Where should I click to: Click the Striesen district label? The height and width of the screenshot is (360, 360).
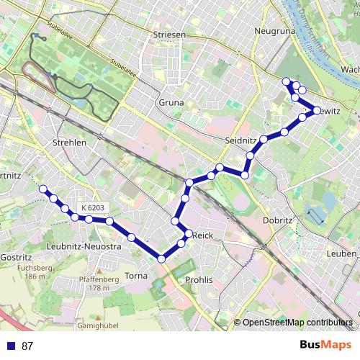[x=170, y=34]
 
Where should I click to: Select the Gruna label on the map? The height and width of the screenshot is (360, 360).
[x=171, y=103]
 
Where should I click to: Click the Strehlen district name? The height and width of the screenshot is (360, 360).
[x=69, y=143]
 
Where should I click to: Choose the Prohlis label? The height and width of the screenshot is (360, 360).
[x=199, y=279]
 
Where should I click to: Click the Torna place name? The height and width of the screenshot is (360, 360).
[x=135, y=276]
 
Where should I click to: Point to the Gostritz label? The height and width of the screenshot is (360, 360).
[x=16, y=257]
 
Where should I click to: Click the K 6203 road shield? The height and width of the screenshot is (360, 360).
[x=93, y=208]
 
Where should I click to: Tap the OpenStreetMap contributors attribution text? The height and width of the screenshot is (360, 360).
[x=297, y=322]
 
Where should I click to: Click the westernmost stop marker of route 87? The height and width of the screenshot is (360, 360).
[x=42, y=189]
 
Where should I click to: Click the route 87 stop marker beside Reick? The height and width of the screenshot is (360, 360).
[x=189, y=234]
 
